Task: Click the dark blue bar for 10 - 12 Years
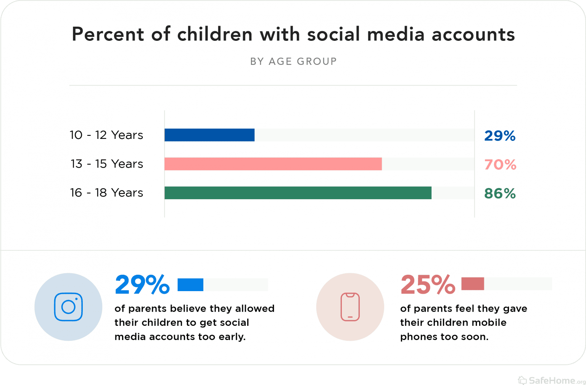click(x=209, y=135)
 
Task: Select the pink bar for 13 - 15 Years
click(x=273, y=164)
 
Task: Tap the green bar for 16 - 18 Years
click(x=298, y=193)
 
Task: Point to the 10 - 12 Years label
click(x=106, y=135)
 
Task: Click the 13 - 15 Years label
click(x=107, y=164)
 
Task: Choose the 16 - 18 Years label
click(x=106, y=193)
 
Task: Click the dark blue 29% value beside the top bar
click(x=500, y=136)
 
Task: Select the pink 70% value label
click(x=500, y=165)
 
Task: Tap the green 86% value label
click(x=500, y=194)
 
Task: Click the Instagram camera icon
click(x=68, y=307)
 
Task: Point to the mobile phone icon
click(x=350, y=307)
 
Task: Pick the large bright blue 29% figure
click(x=142, y=285)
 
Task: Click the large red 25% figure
click(x=428, y=285)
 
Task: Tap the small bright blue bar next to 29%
click(x=190, y=285)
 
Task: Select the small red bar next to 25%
click(x=473, y=284)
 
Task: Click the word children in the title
click(x=215, y=34)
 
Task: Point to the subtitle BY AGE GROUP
click(x=293, y=61)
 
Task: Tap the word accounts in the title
click(x=473, y=35)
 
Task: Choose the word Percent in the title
click(x=108, y=34)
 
